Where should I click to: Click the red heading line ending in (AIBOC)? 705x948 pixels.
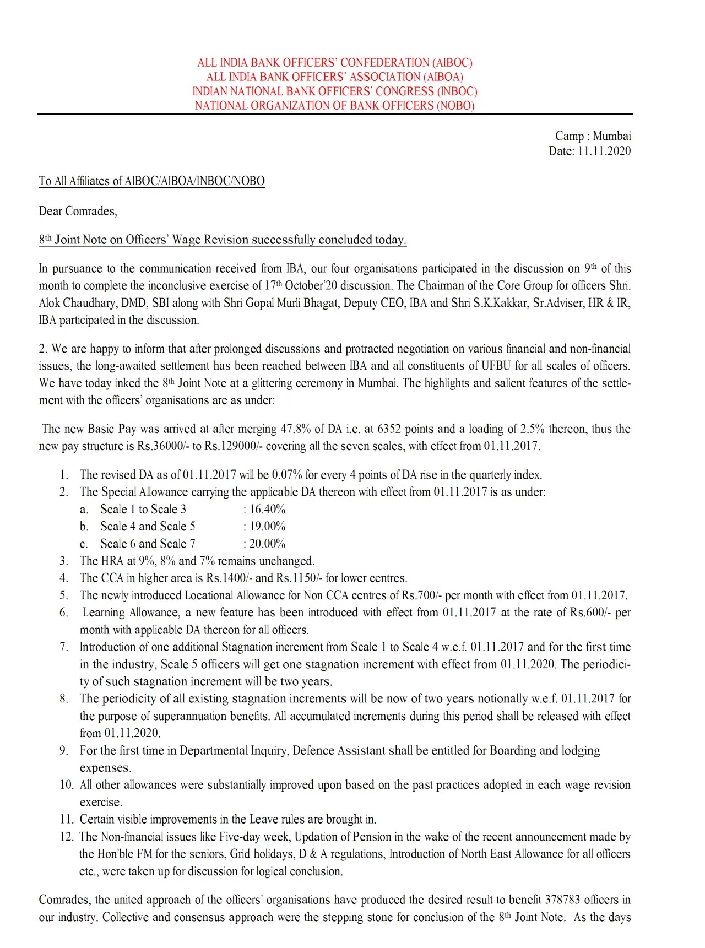[x=335, y=63]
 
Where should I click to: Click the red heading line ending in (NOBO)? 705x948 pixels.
[x=334, y=106]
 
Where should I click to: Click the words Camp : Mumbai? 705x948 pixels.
[x=593, y=136]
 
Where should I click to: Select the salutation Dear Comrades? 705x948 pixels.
[x=78, y=211]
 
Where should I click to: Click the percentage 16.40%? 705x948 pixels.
[x=267, y=509]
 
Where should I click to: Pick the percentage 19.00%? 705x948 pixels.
[x=267, y=526]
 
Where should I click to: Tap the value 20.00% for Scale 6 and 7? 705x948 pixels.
[x=267, y=544]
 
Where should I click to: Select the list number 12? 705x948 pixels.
[x=66, y=837]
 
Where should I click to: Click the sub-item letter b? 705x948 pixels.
[x=84, y=527]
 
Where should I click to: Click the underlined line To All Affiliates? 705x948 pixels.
[x=151, y=181]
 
